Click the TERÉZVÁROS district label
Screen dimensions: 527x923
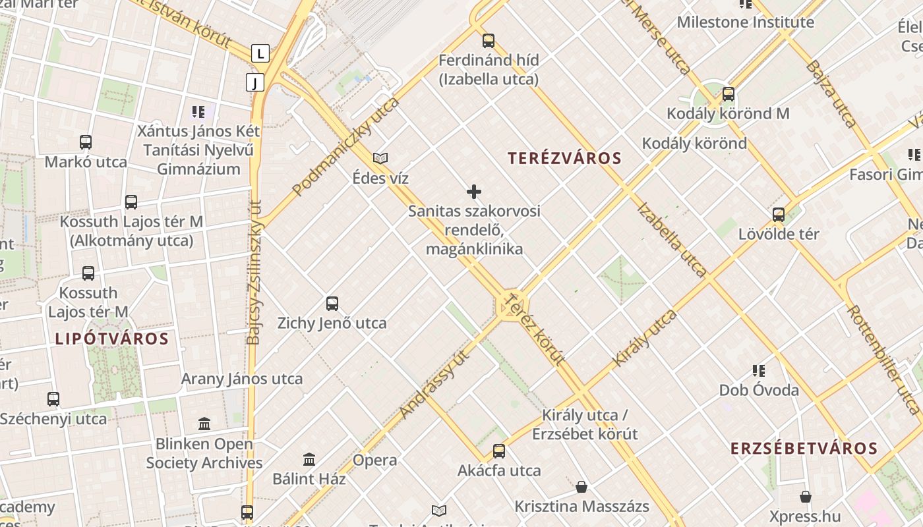click(564, 158)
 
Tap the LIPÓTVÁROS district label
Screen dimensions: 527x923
click(111, 339)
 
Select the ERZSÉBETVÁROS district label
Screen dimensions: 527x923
click(804, 449)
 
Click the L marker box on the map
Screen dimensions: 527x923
click(261, 53)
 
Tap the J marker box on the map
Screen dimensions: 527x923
click(255, 82)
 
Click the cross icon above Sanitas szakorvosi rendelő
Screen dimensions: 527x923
click(473, 192)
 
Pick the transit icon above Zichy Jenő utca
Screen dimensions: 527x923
click(332, 304)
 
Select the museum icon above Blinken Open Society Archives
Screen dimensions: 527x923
click(204, 424)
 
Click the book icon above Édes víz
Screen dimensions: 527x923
click(380, 158)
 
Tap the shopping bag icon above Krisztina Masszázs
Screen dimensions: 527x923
click(581, 487)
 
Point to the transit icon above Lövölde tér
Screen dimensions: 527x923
click(779, 215)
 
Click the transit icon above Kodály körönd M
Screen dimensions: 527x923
click(728, 94)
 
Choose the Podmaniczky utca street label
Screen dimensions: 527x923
click(346, 146)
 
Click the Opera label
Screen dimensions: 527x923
click(375, 460)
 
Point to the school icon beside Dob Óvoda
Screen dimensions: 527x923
click(759, 371)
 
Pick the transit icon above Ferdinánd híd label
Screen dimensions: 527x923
click(488, 41)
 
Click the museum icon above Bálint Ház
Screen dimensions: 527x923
click(309, 459)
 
